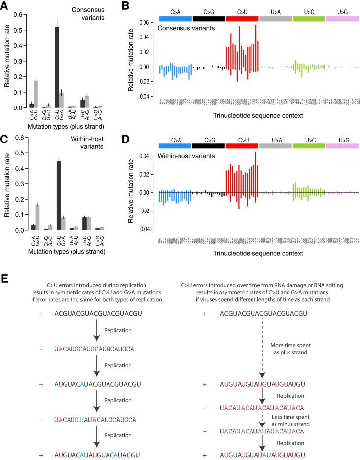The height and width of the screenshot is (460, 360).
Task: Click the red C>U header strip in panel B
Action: pos(242,18)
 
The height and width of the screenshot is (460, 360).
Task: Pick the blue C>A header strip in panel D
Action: pos(175,146)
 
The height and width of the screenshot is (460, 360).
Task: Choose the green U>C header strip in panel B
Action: pos(309,18)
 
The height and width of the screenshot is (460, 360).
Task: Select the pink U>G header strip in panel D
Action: pos(342,146)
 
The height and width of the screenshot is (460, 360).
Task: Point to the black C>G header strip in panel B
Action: pos(209,18)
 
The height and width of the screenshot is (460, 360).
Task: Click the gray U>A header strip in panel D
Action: pos(275,146)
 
